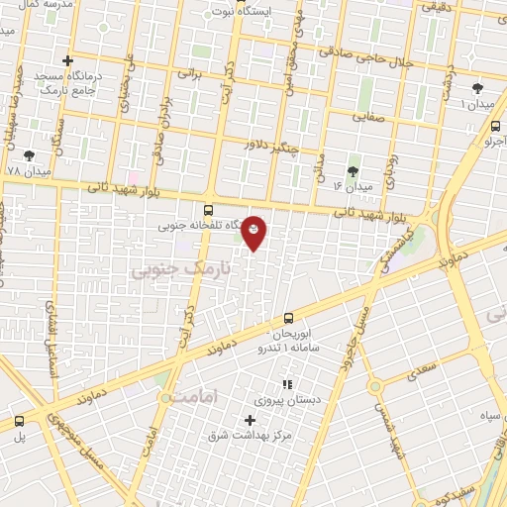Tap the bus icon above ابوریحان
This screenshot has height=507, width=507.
click(288, 318)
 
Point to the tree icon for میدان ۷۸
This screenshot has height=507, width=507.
click(29, 155)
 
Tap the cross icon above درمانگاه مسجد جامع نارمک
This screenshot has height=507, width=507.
click(67, 61)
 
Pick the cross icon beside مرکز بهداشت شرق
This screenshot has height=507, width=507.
click(251, 420)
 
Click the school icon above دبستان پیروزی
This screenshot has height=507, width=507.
click(287, 384)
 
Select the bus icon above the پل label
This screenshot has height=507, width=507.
click(19, 421)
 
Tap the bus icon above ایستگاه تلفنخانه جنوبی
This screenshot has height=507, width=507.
click(208, 210)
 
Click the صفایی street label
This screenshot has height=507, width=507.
click(371, 116)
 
